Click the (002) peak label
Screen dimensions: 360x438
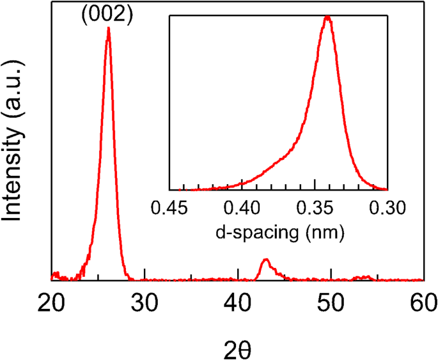[x=106, y=15]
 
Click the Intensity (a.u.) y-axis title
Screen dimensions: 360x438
[x=14, y=140]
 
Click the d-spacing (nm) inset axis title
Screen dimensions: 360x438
[x=279, y=232]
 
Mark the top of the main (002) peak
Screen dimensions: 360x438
[x=108, y=29]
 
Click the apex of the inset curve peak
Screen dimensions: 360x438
[x=327, y=17]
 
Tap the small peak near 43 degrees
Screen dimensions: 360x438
[x=266, y=260]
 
